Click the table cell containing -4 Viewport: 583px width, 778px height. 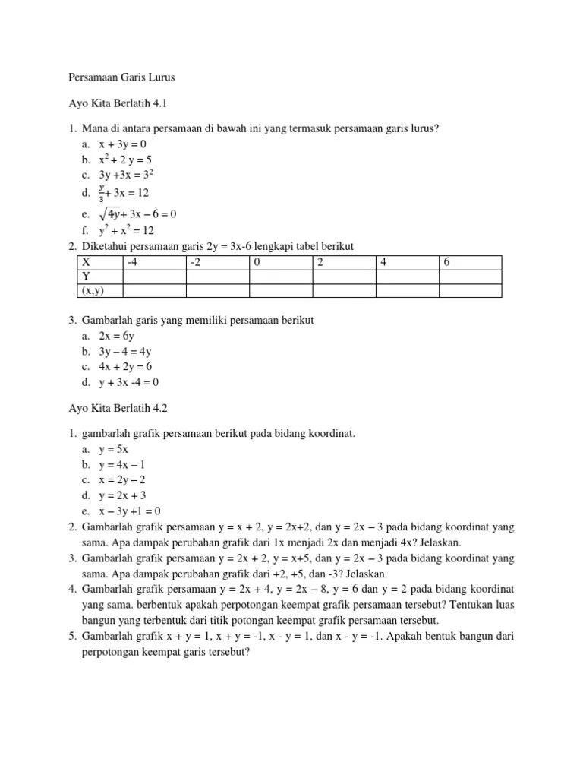(x=134, y=263)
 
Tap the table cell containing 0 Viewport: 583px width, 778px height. (x=258, y=263)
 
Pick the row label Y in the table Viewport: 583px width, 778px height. (x=86, y=277)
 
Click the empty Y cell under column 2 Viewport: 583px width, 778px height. (x=343, y=277)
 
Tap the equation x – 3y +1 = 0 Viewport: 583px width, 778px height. (x=131, y=511)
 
